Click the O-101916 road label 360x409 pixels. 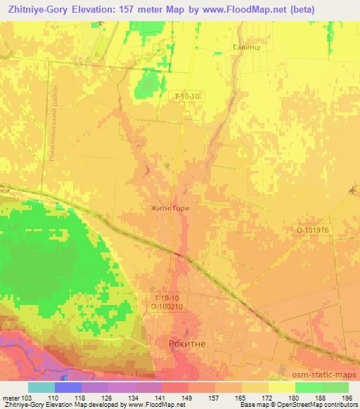312,229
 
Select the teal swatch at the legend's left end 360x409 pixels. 41,387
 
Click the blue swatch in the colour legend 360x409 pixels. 68,387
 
